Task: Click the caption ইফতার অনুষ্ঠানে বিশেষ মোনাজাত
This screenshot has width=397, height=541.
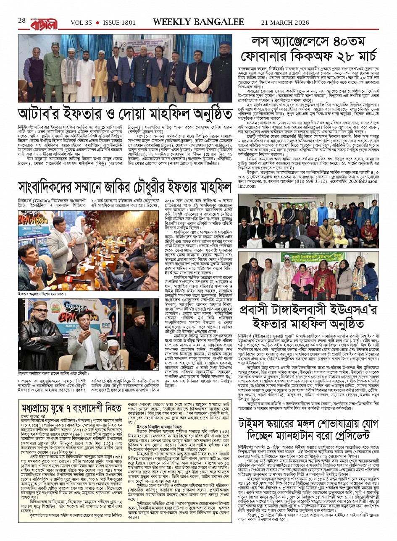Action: (x=42, y=294)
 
